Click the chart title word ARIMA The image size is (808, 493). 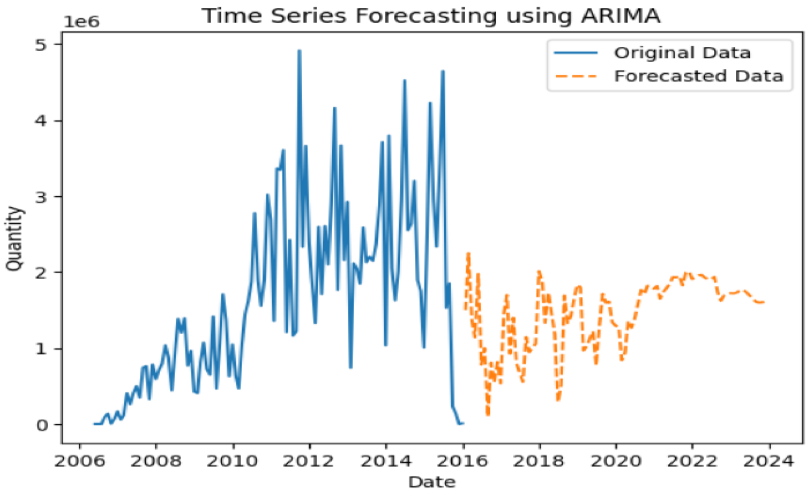pos(620,16)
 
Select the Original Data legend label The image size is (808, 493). pos(682,53)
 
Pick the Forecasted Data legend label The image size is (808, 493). pos(699,76)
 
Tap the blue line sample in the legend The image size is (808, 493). pos(576,53)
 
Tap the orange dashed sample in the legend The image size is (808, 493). pos(576,76)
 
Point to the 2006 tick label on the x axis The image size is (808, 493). pos(79,461)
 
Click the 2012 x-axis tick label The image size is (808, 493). pos(308,461)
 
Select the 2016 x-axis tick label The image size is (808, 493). pos(462,461)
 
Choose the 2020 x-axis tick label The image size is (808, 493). pos(616,461)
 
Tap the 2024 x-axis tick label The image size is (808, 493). pos(769,461)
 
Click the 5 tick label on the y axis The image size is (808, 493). pos(41,45)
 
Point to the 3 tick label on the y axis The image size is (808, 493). pos(41,197)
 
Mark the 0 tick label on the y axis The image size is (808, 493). pos(41,425)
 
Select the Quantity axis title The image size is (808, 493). pos(14,238)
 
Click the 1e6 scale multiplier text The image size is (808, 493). pos(82,21)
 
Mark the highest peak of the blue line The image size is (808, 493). pos(299,50)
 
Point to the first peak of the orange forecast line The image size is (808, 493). pos(468,253)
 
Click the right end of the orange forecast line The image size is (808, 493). pos(764,302)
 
